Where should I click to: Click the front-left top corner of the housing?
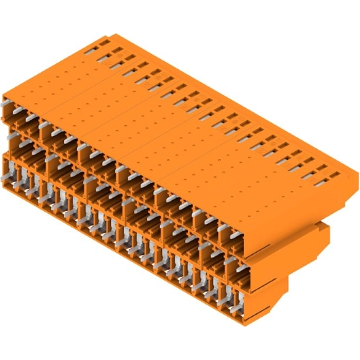4,96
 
